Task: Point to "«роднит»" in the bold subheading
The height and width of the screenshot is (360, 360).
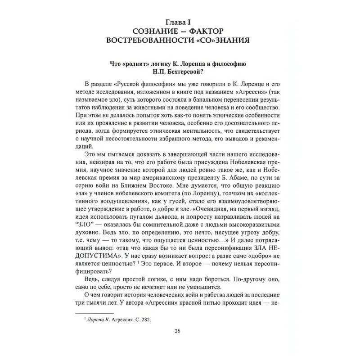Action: click(x=134, y=65)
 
